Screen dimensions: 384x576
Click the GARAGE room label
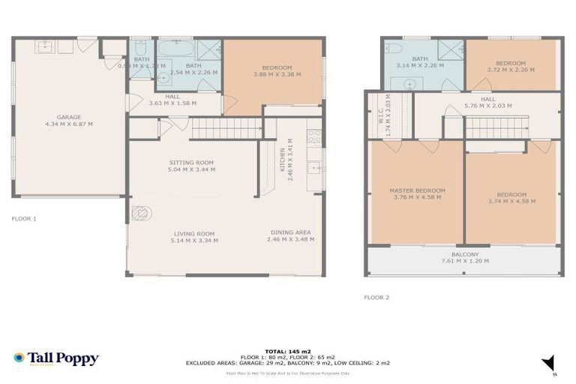[69, 117]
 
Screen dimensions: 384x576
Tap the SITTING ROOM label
[191, 163]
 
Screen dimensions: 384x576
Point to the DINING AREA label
[290, 232]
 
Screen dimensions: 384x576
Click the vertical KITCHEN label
[283, 159]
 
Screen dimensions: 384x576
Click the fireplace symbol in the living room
[140, 214]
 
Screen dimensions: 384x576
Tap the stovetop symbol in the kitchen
[315, 137]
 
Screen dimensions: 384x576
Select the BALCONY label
[464, 254]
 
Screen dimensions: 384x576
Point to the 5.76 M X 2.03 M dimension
[487, 106]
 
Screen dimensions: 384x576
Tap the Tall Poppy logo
[56, 358]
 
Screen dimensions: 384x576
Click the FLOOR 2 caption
[377, 298]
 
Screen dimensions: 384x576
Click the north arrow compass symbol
[549, 363]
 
